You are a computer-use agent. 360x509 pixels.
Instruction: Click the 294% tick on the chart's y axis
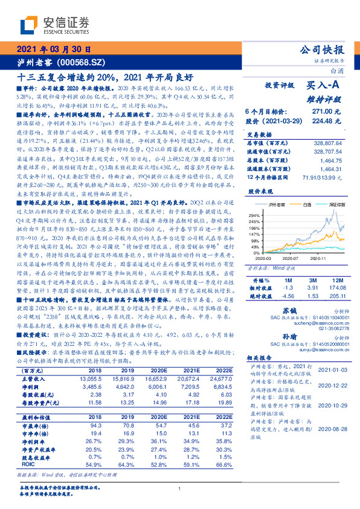tap(255, 215)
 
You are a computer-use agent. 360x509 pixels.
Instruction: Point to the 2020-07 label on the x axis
tap(290, 257)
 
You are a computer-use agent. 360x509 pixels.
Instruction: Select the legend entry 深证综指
tap(336, 206)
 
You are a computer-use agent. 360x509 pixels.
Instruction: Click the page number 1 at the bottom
tap(180, 488)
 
